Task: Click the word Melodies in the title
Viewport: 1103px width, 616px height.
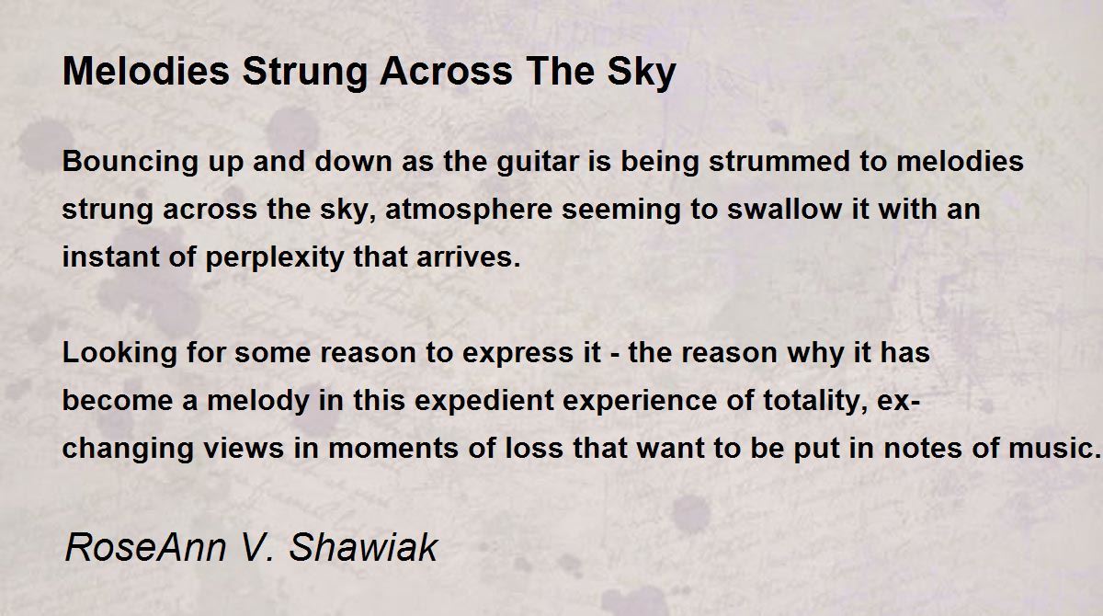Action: [146, 71]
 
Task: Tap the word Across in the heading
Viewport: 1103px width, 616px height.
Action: [446, 71]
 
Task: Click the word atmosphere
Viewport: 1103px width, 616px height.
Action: [469, 210]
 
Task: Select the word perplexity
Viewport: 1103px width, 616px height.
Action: [274, 258]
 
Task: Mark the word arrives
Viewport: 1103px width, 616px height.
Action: [468, 257]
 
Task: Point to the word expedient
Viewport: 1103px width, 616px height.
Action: [484, 401]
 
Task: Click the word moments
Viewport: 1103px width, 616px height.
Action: [393, 449]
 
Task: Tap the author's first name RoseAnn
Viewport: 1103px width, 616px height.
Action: [145, 547]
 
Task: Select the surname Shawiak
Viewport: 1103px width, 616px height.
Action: [363, 547]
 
